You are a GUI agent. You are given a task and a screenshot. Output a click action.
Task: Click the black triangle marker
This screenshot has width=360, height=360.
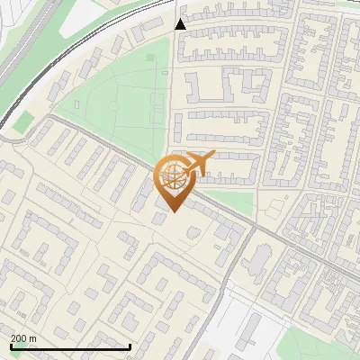tap(181, 23)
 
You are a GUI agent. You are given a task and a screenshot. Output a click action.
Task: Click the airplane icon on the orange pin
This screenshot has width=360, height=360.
tap(196, 163)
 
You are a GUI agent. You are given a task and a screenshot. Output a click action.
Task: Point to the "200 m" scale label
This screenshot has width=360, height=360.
tap(23, 337)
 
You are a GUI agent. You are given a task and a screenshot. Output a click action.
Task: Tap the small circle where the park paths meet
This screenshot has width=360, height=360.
tap(114, 105)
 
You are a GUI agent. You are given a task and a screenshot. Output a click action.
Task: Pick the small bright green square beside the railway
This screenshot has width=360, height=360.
tap(24, 122)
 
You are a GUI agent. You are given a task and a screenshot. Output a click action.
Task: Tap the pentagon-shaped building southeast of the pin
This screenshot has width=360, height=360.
tap(193, 231)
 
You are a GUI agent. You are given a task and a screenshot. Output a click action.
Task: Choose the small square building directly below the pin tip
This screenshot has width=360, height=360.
tap(160, 219)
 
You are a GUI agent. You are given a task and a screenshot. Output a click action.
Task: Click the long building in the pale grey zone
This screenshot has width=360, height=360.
tap(256, 261)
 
